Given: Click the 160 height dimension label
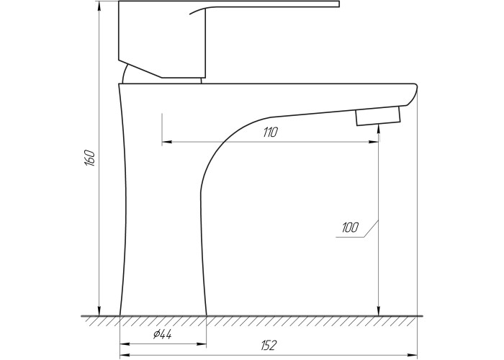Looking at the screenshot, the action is coord(89,158).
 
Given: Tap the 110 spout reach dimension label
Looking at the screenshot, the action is coord(270,132).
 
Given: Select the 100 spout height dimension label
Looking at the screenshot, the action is coord(350,228).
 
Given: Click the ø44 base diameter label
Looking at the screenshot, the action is coord(163,335).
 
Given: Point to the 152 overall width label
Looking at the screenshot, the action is coord(268,345).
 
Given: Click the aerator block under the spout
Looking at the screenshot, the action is coord(378,116).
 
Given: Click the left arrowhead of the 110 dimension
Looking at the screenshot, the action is coord(166,141).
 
